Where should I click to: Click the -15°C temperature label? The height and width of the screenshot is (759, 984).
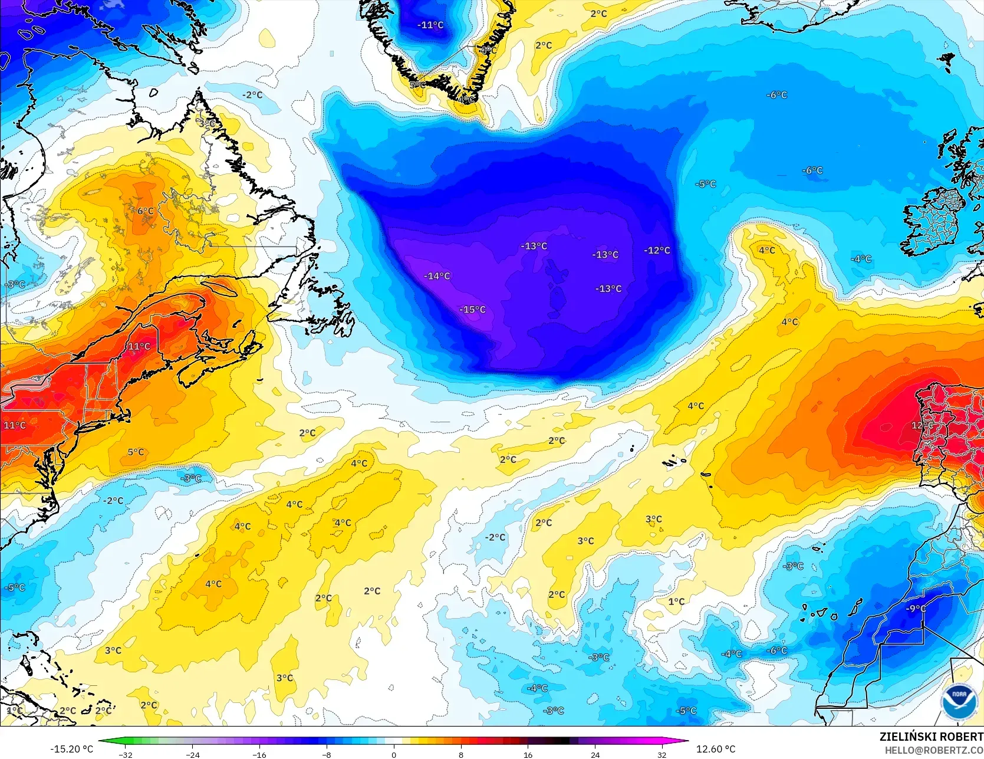tap(473, 310)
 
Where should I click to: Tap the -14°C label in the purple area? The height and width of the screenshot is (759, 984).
tap(437, 276)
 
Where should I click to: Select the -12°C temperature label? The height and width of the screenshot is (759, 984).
tap(657, 251)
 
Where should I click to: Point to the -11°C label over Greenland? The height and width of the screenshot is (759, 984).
tap(430, 25)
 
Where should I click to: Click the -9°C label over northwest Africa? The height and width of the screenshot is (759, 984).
tap(916, 609)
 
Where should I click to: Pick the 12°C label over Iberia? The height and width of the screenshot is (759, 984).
tap(922, 425)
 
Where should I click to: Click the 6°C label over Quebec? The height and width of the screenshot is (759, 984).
tap(145, 211)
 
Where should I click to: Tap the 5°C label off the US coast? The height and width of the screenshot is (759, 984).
tap(136, 452)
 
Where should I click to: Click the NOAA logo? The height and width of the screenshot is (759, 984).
tap(959, 701)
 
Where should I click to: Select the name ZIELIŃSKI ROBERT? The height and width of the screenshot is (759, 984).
tap(931, 737)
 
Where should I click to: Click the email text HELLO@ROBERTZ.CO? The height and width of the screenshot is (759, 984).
tap(934, 750)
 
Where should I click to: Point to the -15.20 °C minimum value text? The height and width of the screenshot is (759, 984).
tap(71, 749)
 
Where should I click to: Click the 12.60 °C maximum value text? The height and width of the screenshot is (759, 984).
tap(716, 749)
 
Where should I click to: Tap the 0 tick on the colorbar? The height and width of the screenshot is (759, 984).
tap(394, 754)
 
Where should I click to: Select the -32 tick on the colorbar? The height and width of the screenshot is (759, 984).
tap(126, 754)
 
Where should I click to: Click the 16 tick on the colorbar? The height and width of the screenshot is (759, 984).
tap(528, 754)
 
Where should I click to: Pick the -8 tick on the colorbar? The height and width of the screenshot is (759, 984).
tap(327, 754)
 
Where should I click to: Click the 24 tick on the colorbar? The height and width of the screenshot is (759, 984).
tap(595, 754)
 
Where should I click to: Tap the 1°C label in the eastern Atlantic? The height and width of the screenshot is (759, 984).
tap(676, 602)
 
